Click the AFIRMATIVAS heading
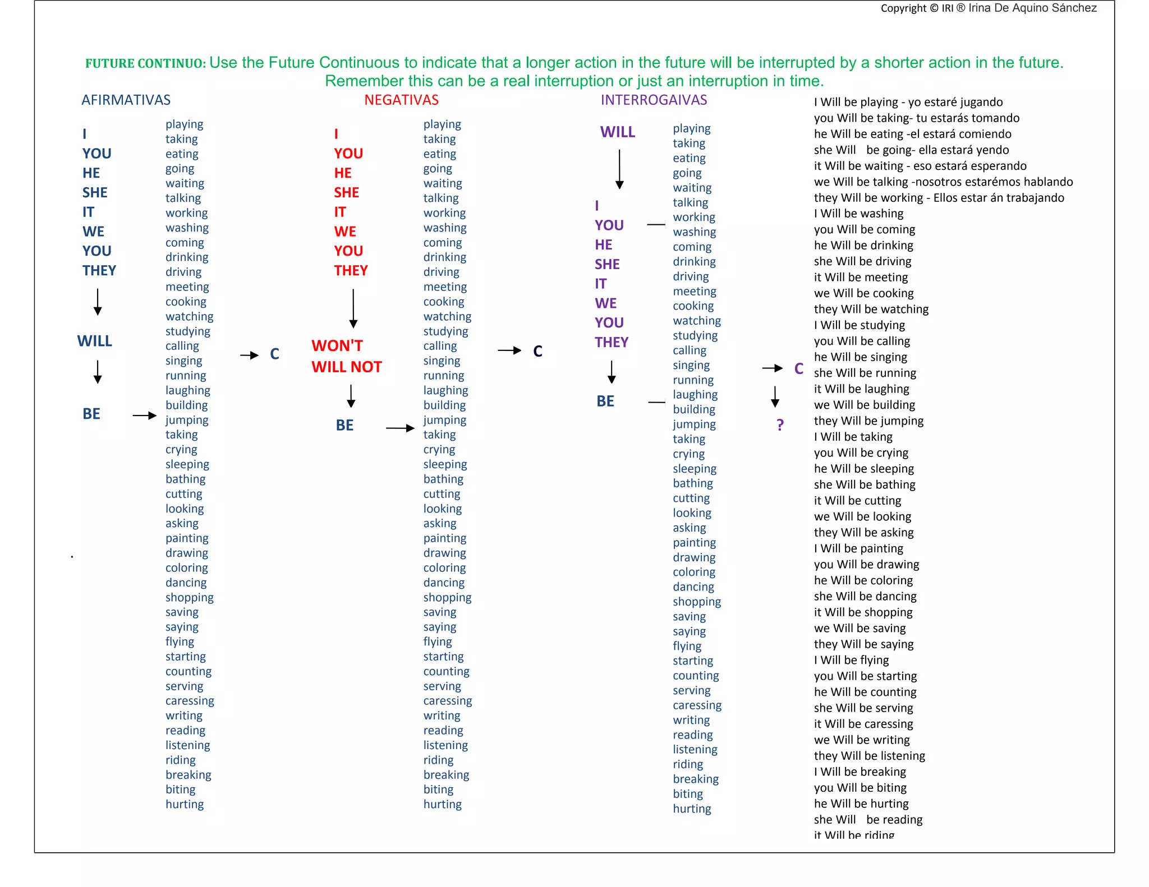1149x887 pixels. coord(126,100)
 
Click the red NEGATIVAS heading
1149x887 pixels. coord(401,100)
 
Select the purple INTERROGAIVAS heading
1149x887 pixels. coord(654,100)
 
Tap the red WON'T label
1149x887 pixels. coord(337,345)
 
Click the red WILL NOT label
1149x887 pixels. coord(347,367)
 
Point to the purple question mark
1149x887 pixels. coord(780,425)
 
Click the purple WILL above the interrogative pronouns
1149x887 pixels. coord(617,132)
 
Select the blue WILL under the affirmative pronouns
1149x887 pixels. coord(94,341)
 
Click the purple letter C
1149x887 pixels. coord(799,368)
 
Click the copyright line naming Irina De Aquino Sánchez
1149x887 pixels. coord(988,8)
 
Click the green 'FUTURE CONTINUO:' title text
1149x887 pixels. coord(145,63)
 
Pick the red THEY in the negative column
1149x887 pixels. coord(351,270)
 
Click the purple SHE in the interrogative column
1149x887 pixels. coord(607,264)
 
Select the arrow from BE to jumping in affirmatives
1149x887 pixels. coord(144,415)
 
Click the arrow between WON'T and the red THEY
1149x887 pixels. coord(353,308)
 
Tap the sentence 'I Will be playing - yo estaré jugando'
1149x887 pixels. coord(908,102)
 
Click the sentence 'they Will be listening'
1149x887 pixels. coord(869,756)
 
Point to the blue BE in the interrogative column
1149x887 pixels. coord(605,401)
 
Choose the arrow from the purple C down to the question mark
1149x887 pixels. coord(775,396)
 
